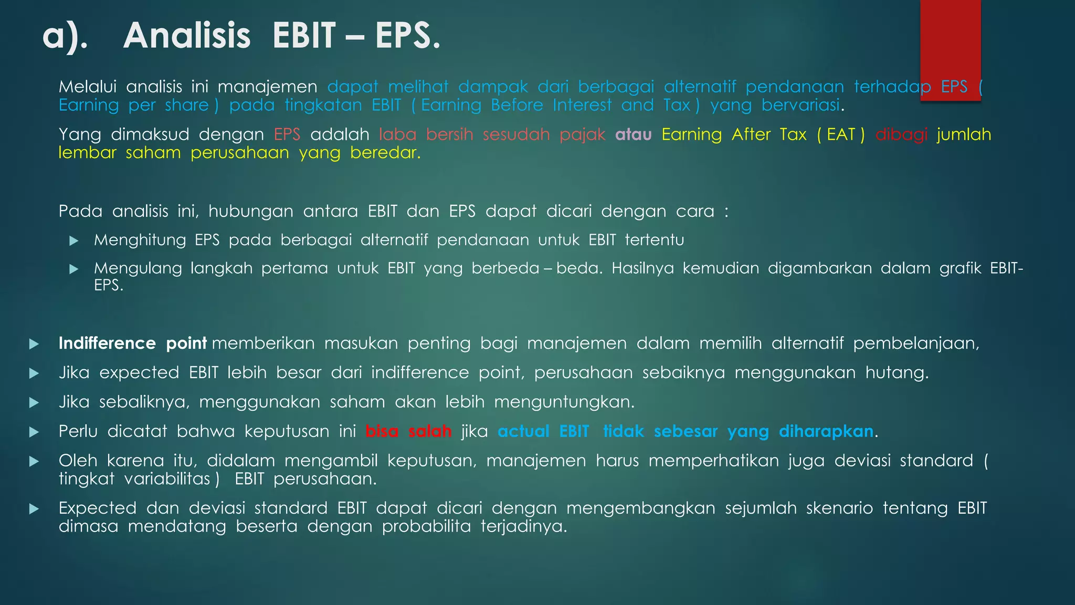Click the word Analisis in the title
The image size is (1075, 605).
pos(187,36)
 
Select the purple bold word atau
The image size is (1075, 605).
pos(633,134)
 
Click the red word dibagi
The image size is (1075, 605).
pos(901,134)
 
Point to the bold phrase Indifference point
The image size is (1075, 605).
pos(132,343)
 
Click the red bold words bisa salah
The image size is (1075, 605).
pos(408,431)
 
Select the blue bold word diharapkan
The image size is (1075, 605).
pos(826,431)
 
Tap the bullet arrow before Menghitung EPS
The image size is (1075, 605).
pos(74,241)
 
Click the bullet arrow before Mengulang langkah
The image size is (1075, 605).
pos(74,269)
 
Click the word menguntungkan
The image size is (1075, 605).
pos(564,402)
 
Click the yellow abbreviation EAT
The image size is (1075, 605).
pos(841,134)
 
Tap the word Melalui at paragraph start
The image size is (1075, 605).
pos(87,87)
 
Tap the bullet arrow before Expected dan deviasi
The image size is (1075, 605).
pos(34,509)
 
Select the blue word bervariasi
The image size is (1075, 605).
pos(800,105)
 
